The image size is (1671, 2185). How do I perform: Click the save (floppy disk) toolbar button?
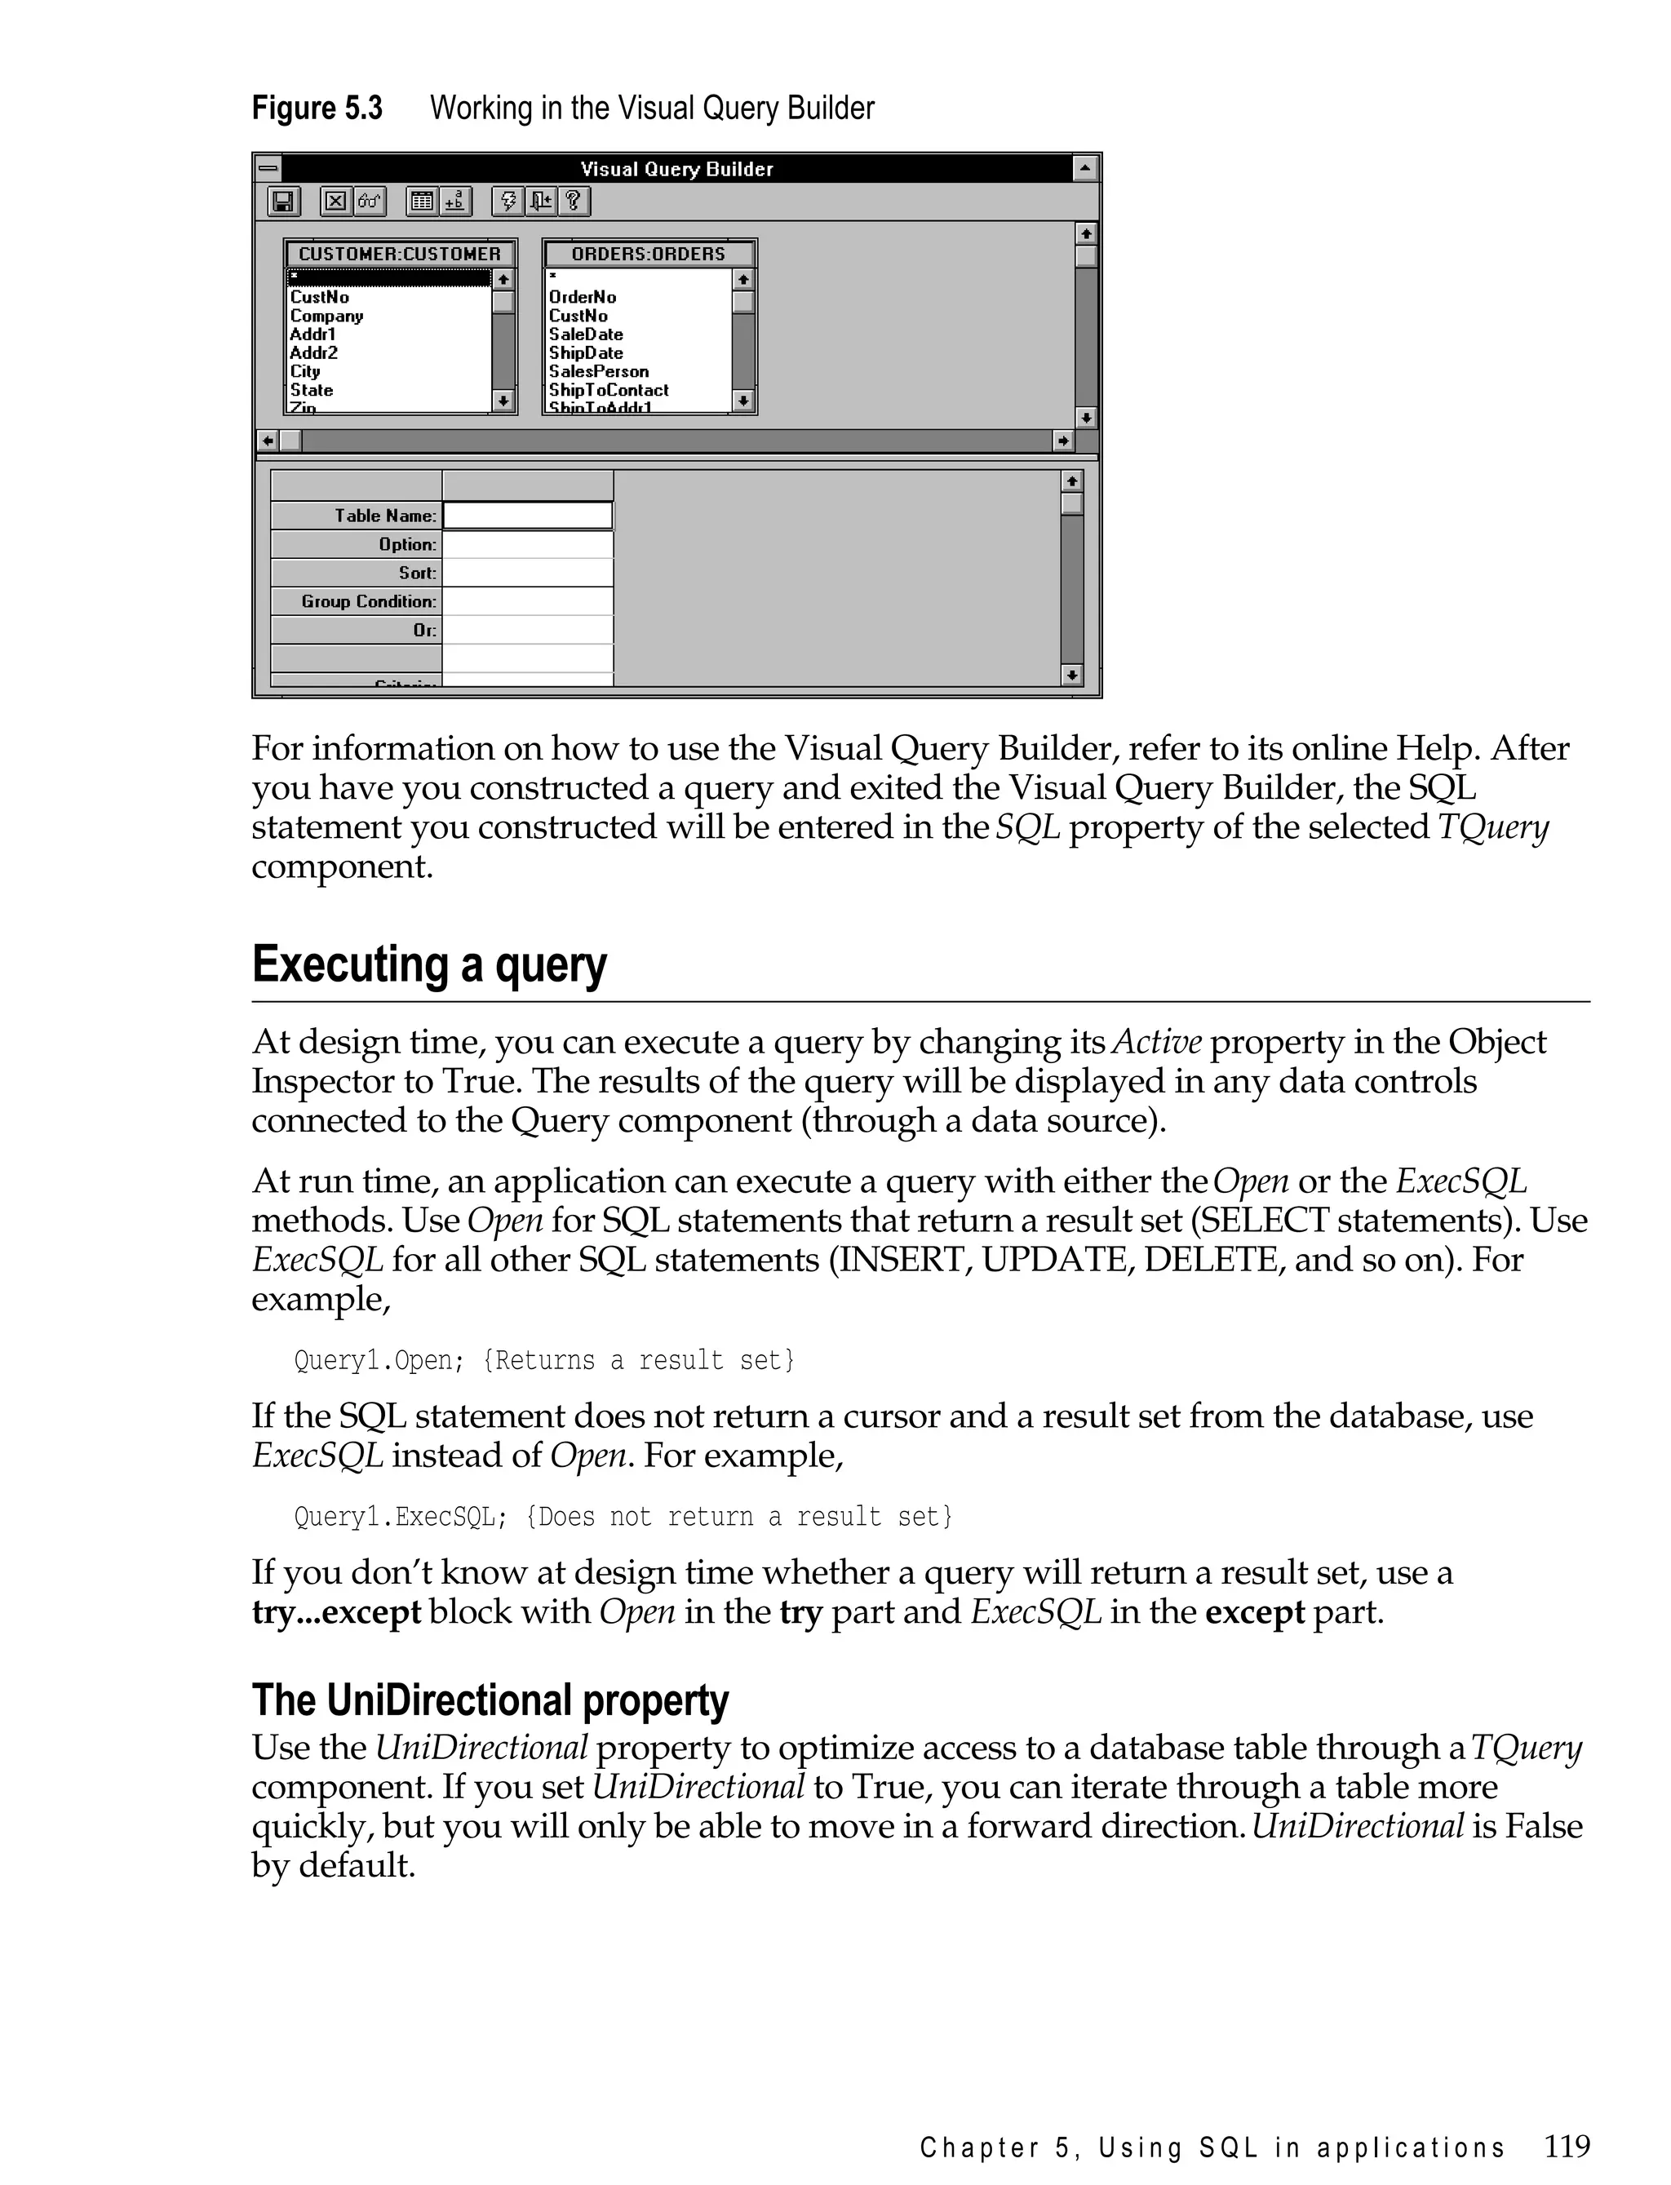point(283,202)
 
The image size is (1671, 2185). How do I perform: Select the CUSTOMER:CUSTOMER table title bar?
point(400,254)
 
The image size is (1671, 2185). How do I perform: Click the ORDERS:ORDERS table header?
point(649,254)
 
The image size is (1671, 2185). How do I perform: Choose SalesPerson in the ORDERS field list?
point(598,372)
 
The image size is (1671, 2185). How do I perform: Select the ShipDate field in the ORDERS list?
point(586,353)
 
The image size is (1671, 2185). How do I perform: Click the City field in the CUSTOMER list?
point(304,372)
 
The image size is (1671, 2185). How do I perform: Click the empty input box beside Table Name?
point(527,515)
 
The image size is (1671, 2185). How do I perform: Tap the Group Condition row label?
point(368,601)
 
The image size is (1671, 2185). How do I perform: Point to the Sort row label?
point(417,573)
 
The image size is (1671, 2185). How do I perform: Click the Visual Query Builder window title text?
point(676,169)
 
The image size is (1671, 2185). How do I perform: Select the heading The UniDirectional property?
point(490,1700)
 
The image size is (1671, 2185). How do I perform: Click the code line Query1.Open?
point(379,1361)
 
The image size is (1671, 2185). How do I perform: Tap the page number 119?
point(1567,2146)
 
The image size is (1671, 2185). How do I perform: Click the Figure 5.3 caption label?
point(317,108)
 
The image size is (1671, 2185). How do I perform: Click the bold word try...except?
point(336,1611)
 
